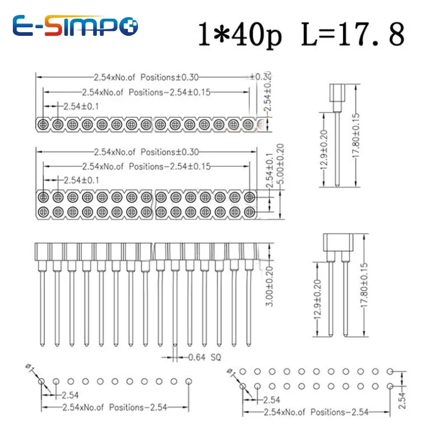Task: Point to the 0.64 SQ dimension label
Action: click(201, 357)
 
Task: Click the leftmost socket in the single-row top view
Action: click(43, 125)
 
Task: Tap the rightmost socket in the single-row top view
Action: click(248, 125)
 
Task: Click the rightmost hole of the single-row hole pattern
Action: click(188, 381)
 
